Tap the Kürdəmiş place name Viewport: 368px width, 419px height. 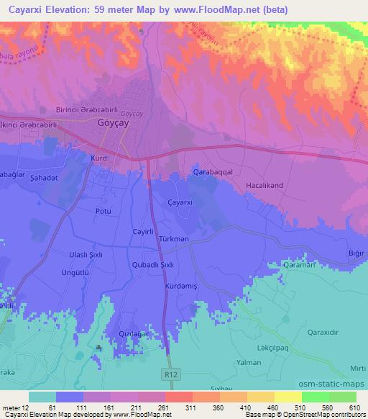(x=180, y=286)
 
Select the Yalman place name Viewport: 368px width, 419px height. (x=267, y=363)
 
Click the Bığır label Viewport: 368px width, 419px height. (x=355, y=253)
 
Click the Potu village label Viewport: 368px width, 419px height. (x=103, y=211)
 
